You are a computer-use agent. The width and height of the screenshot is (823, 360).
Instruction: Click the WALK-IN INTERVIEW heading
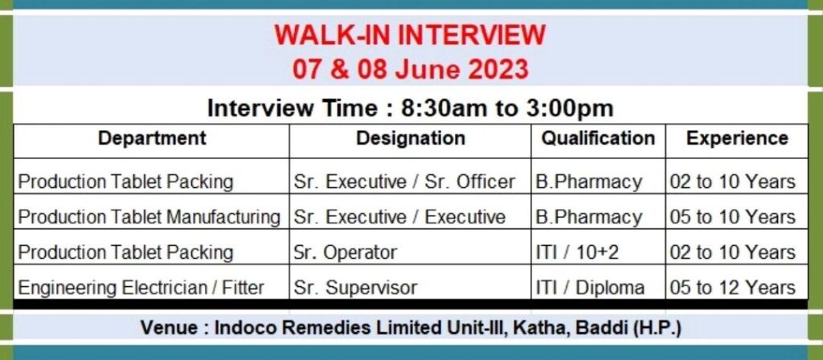click(x=410, y=35)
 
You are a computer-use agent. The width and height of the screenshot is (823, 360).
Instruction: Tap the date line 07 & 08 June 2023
click(x=410, y=69)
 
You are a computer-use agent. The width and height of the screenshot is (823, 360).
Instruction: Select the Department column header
click(x=152, y=138)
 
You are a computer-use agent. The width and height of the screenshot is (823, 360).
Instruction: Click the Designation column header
click(x=411, y=138)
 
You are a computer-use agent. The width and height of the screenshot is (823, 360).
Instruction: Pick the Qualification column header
click(x=598, y=138)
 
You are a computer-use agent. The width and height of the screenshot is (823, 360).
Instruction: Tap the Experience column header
click(x=737, y=138)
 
